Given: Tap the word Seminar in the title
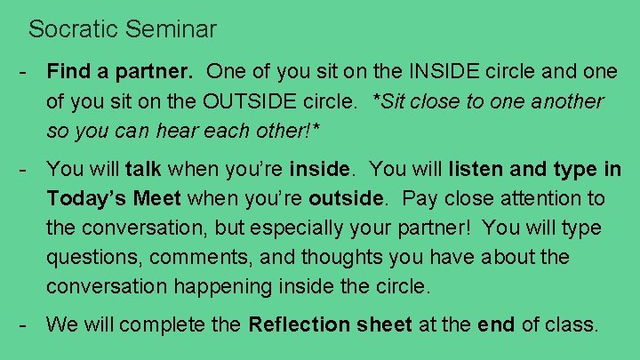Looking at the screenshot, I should click(172, 29).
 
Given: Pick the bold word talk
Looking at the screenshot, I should click(144, 168).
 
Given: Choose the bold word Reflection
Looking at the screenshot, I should click(301, 324).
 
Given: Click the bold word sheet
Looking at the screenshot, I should click(385, 324).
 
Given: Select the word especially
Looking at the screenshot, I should click(301, 228).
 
